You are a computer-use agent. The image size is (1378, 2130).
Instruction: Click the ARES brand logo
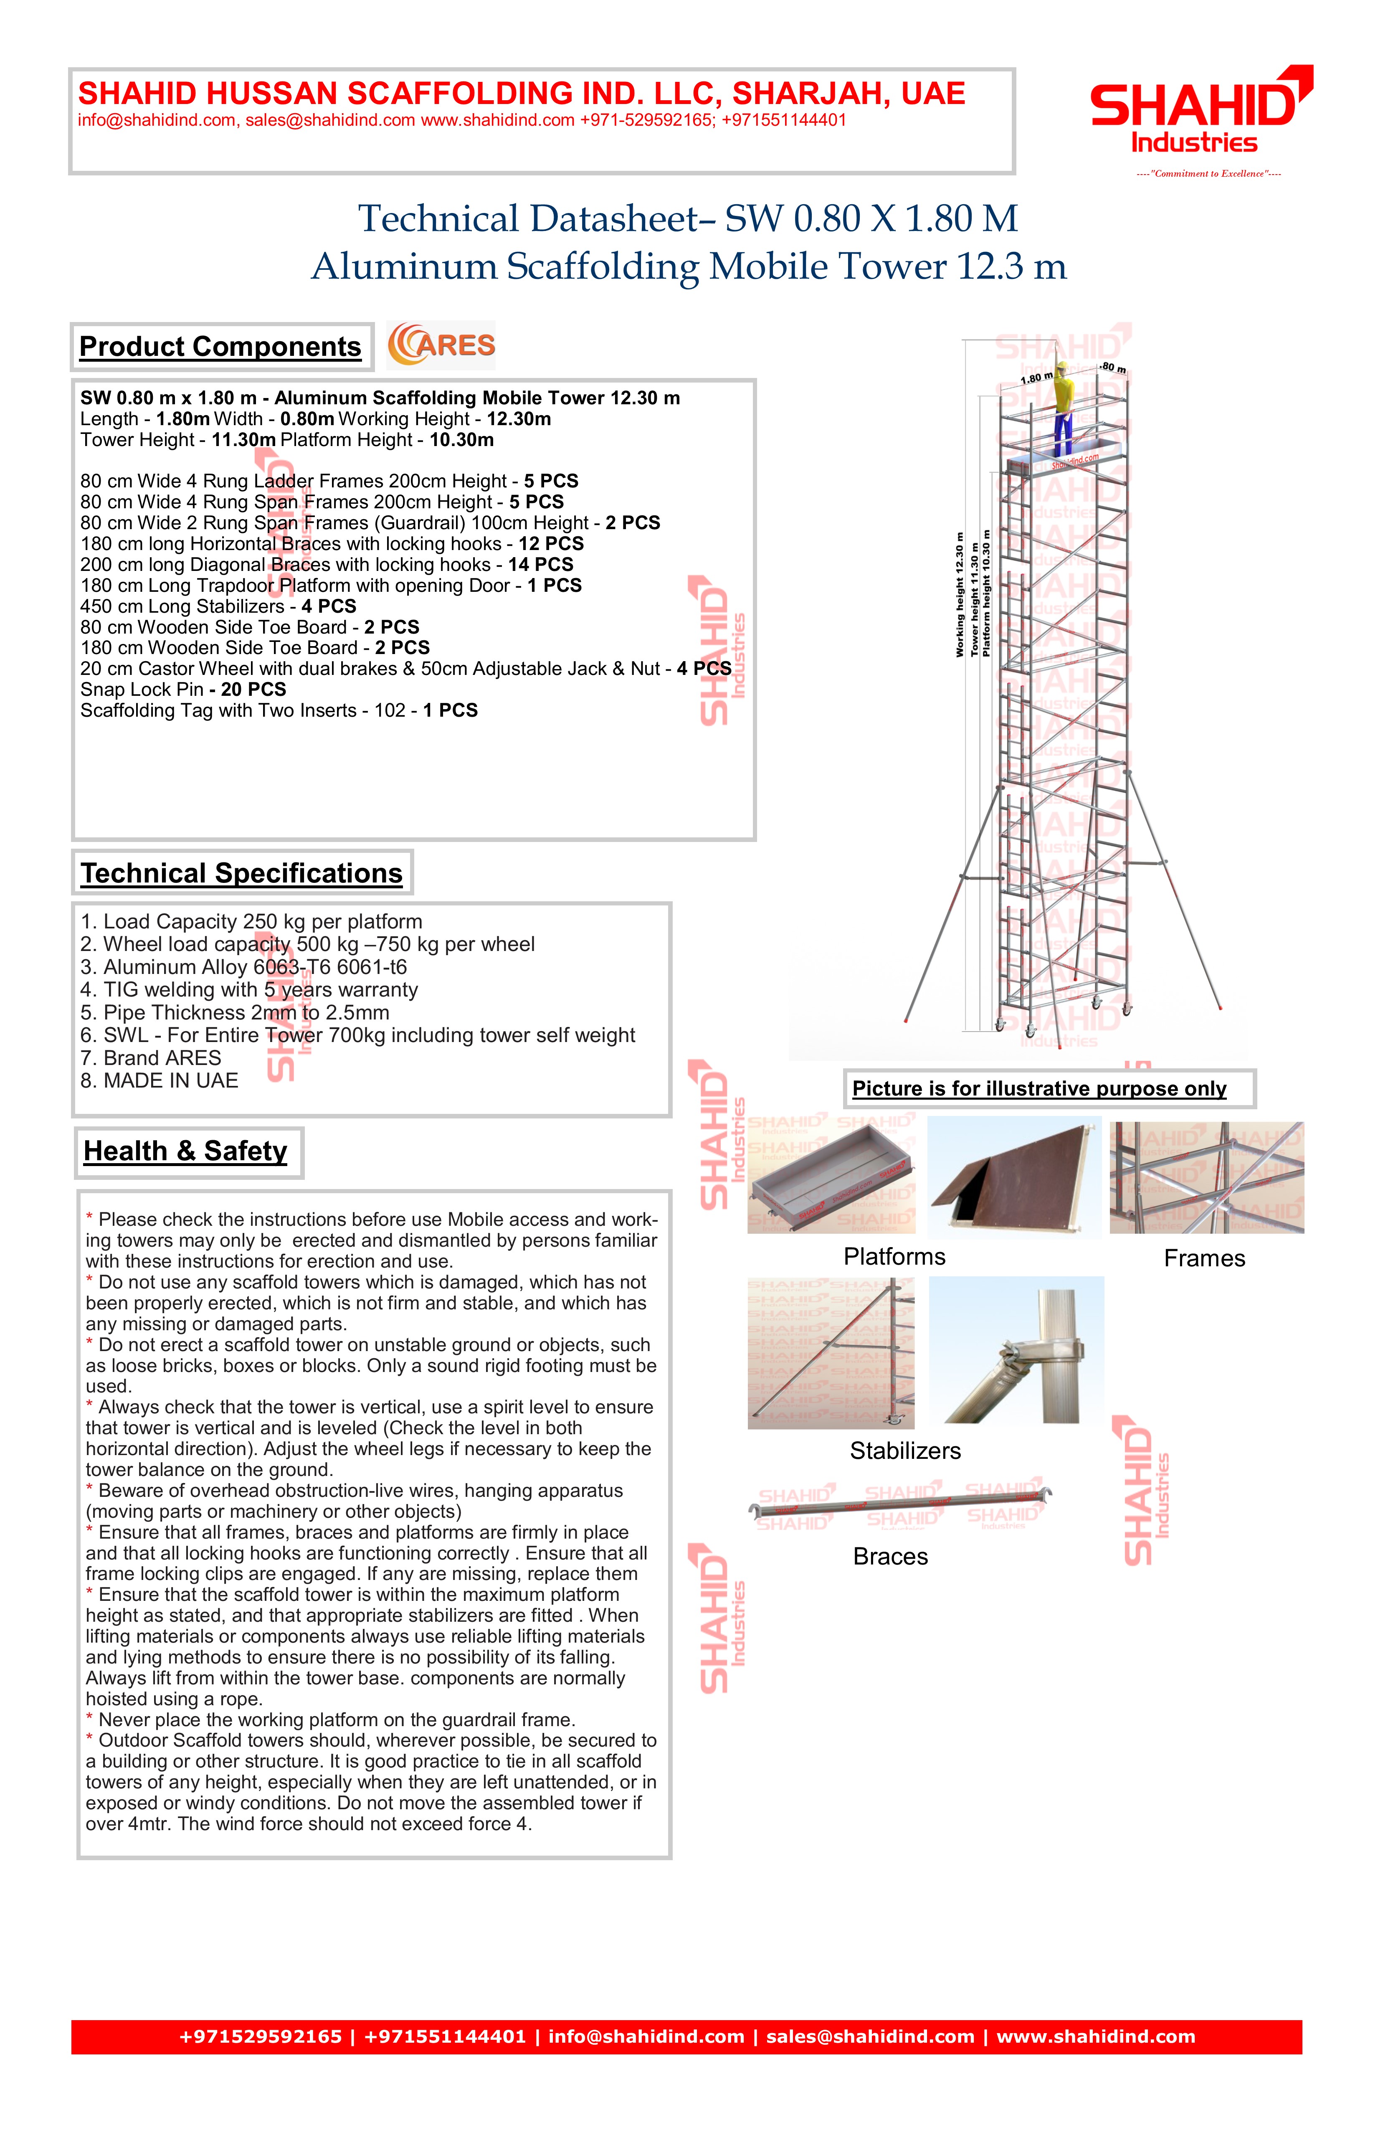441,345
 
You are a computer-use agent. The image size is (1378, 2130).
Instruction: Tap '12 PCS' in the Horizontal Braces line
551,544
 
